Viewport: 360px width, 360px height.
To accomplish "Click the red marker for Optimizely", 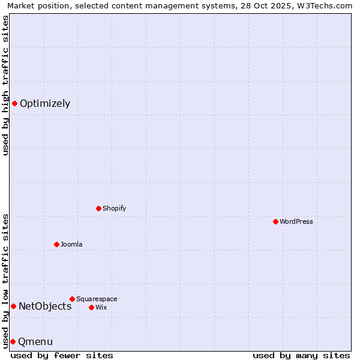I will tap(14, 103).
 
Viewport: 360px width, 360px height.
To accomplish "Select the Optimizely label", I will tap(45, 103).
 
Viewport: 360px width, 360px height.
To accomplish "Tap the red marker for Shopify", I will tap(98, 208).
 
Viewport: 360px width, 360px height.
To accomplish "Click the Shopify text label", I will tap(114, 208).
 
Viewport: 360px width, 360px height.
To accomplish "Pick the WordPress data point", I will tap(275, 221).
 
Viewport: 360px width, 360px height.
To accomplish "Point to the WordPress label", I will tap(296, 221).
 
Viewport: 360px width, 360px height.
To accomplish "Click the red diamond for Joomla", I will tap(56, 244).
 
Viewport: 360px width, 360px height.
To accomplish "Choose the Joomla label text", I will tap(71, 244).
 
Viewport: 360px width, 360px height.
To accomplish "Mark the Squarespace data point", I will tap(72, 299).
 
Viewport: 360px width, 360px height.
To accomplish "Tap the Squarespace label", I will tap(97, 299).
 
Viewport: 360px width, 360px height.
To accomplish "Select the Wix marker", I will tap(91, 307).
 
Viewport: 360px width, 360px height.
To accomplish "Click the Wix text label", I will tap(101, 307).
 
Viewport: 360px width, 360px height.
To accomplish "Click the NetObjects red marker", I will tap(13, 306).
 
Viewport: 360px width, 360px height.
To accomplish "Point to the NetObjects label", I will tap(45, 306).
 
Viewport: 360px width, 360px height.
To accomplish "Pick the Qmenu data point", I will tap(13, 341).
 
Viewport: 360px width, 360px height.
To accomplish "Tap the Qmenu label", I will tap(35, 341).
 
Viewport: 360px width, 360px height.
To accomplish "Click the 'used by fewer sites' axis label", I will tap(62, 355).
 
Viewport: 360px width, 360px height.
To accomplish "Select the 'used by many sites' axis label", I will tap(301, 355).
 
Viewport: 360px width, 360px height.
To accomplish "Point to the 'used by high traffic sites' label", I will tap(5, 85).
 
